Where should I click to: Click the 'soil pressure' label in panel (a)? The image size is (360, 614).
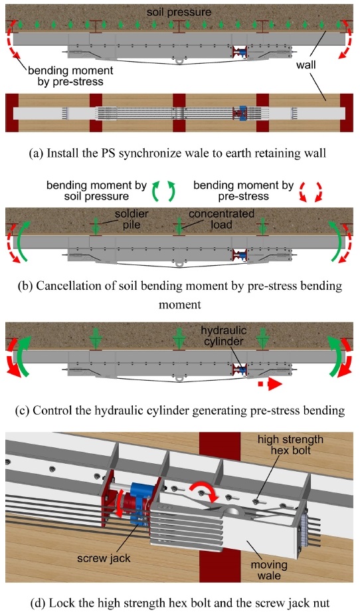pyautogui.click(x=179, y=12)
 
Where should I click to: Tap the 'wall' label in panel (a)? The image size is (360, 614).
pyautogui.click(x=306, y=64)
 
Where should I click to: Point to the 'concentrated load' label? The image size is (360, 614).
pyautogui.click(x=221, y=219)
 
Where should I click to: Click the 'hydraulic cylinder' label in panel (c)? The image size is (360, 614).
pyautogui.click(x=223, y=336)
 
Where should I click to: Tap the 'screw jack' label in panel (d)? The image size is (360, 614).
pyautogui.click(x=104, y=558)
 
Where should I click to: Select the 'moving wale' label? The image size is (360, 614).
pyautogui.click(x=269, y=570)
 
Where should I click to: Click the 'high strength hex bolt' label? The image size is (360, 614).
pyautogui.click(x=290, y=445)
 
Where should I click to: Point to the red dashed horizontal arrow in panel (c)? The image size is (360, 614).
pyautogui.click(x=270, y=384)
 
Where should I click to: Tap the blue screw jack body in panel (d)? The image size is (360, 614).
pyautogui.click(x=140, y=496)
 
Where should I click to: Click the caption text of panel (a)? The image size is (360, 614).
pyautogui.click(x=177, y=153)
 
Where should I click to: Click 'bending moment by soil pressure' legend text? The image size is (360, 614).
pyautogui.click(x=97, y=190)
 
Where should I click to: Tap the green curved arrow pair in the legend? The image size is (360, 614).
pyautogui.click(x=163, y=191)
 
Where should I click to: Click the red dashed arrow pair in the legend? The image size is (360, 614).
pyautogui.click(x=312, y=192)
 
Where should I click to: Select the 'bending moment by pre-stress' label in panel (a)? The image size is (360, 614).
pyautogui.click(x=70, y=76)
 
